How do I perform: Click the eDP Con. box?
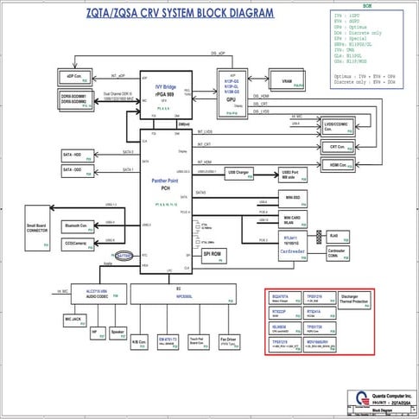(x=74, y=74)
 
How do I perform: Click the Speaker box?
(x=117, y=333)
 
